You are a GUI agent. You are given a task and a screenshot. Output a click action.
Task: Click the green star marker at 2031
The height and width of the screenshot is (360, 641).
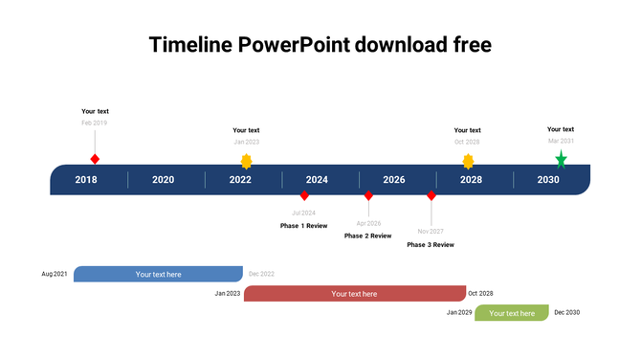561,160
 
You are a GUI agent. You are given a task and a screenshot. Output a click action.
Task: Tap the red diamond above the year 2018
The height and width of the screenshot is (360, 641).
95,159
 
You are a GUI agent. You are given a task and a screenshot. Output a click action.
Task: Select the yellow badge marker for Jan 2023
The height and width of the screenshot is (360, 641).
247,161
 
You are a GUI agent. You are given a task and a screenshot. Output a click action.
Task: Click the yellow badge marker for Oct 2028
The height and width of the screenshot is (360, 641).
468,161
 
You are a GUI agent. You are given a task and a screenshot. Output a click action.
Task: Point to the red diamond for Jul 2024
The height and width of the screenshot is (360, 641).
304,195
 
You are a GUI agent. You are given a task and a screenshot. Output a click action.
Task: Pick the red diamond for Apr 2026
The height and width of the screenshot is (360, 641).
368,195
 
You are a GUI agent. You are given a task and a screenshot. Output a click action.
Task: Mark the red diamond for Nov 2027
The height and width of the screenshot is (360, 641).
431,195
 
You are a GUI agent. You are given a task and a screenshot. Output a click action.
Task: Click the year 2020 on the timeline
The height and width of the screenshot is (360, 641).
164,180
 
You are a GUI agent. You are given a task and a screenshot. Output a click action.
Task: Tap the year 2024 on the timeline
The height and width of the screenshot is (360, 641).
317,180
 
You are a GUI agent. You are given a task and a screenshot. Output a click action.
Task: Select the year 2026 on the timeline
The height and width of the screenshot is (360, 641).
394,180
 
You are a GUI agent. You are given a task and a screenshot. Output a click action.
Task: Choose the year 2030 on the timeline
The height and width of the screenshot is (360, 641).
548,180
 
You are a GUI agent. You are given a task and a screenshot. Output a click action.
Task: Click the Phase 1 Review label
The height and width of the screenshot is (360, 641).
303,226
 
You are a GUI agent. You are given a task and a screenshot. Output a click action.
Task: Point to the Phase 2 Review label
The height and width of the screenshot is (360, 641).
367,236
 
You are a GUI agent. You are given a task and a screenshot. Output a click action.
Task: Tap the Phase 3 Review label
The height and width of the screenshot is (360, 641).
431,245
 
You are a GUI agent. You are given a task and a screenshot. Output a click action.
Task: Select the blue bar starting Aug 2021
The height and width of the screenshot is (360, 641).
158,274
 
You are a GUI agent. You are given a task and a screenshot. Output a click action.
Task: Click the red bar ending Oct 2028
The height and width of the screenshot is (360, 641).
354,294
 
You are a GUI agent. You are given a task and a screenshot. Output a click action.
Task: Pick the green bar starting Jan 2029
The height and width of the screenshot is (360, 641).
512,313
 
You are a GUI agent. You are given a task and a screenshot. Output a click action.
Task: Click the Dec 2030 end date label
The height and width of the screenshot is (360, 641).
566,313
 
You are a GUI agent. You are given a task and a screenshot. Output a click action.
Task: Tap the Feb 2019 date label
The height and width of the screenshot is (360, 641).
95,123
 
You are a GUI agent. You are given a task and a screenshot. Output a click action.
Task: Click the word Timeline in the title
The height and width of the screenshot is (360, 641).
190,45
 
